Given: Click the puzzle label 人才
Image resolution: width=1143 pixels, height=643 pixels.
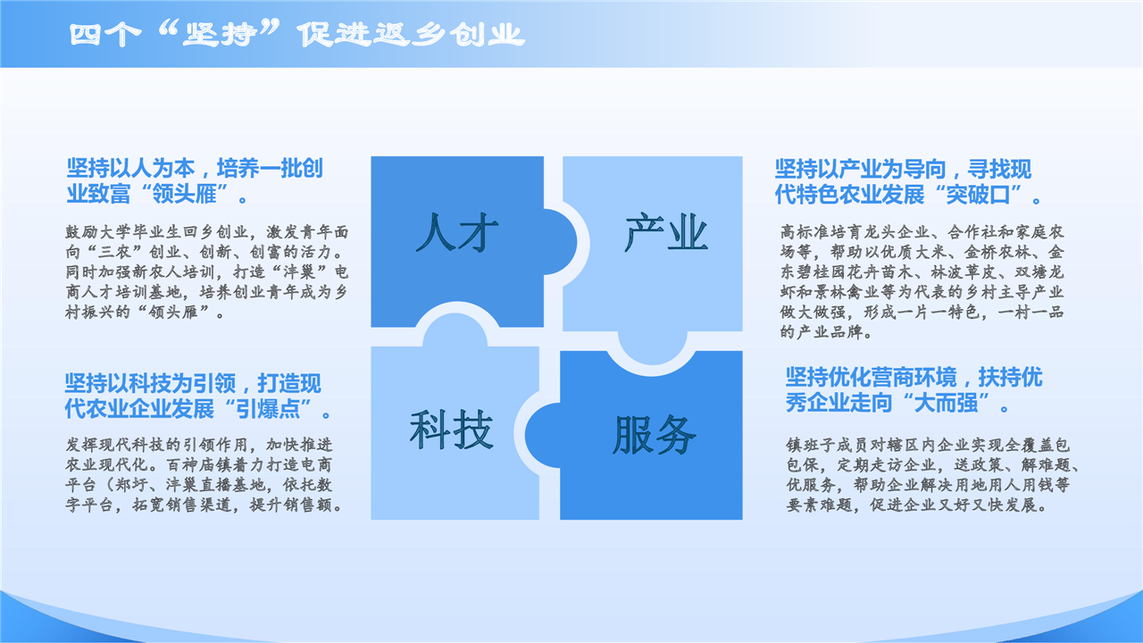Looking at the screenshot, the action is tap(457, 233).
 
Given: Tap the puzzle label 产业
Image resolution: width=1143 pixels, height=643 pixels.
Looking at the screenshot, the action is tap(666, 233).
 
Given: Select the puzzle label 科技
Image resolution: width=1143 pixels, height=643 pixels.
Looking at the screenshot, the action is tap(452, 430).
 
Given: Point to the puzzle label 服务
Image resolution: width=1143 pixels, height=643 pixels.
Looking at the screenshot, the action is tap(655, 435).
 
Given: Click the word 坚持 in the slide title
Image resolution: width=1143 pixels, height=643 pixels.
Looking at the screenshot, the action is tap(220, 35).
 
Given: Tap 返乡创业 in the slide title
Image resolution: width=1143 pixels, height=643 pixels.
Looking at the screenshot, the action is tap(448, 35).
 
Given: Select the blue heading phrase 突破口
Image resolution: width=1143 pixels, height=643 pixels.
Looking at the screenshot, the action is tap(978, 194).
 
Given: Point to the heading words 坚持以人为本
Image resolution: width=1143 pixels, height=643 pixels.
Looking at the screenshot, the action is tap(131, 169).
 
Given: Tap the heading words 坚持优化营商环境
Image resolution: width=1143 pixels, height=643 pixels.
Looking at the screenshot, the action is tap(871, 378).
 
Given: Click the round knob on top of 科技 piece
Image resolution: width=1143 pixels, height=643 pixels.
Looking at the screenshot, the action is tap(455, 330).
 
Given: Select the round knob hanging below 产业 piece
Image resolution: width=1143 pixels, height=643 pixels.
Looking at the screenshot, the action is tap(652, 348).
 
